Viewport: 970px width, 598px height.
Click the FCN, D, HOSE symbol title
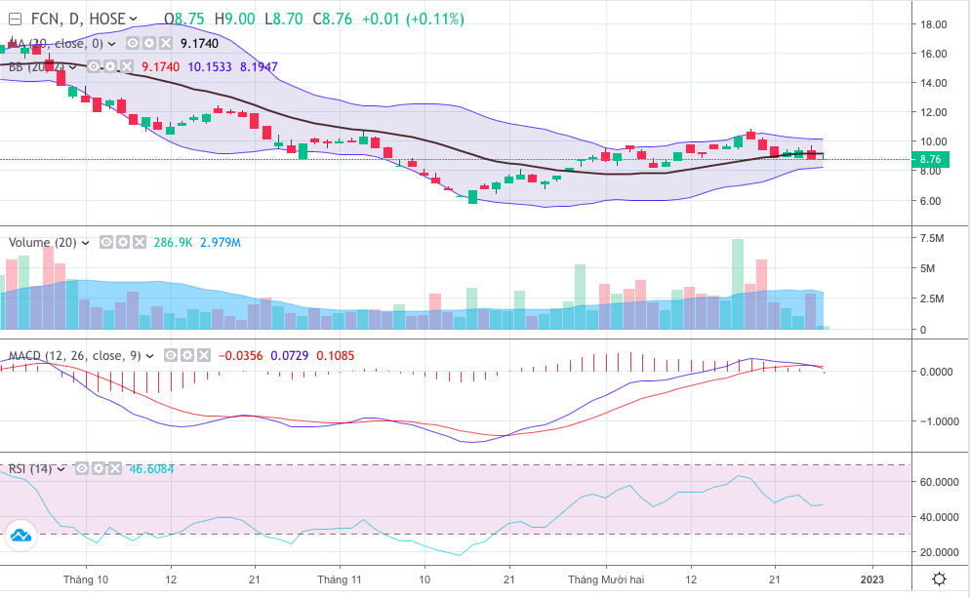tap(77, 20)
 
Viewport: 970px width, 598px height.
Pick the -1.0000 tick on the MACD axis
tap(937, 421)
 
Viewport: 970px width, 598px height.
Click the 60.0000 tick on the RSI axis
tap(938, 482)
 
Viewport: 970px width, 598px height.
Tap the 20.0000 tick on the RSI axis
tap(938, 552)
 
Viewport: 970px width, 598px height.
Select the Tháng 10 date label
tap(85, 579)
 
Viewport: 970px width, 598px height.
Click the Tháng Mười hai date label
tap(606, 579)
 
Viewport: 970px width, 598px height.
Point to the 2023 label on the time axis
tap(872, 579)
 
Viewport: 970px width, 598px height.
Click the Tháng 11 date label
tap(341, 579)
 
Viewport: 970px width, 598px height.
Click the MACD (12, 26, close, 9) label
tap(75, 355)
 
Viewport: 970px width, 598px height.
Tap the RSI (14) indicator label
tap(30, 469)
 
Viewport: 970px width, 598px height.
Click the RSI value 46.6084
tap(152, 469)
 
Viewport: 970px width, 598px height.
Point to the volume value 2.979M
tap(221, 242)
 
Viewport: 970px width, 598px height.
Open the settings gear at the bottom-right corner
tap(939, 579)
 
